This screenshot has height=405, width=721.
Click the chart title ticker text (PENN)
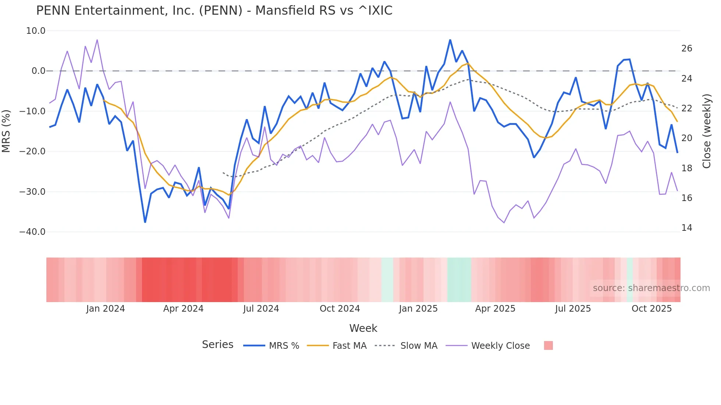(x=221, y=11)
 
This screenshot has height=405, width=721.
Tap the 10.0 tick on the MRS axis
(x=36, y=31)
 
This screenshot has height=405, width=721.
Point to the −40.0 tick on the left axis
(x=32, y=232)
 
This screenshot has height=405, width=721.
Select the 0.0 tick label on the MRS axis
(x=39, y=71)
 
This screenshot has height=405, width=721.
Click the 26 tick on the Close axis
(x=686, y=49)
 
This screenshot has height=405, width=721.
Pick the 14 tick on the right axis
(x=686, y=228)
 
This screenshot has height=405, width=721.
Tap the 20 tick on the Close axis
(x=686, y=138)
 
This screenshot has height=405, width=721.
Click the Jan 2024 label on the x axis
(x=106, y=309)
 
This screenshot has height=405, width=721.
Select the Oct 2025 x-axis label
(x=651, y=309)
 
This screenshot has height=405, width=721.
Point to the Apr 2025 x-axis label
(x=495, y=309)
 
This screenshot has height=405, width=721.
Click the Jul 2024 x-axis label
(x=261, y=309)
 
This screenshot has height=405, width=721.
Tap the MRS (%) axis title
(x=6, y=131)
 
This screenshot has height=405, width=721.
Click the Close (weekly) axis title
(x=707, y=131)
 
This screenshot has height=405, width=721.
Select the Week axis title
(x=363, y=328)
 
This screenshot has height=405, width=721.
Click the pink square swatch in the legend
(x=548, y=345)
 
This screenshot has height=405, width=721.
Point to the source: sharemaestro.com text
(x=651, y=288)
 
